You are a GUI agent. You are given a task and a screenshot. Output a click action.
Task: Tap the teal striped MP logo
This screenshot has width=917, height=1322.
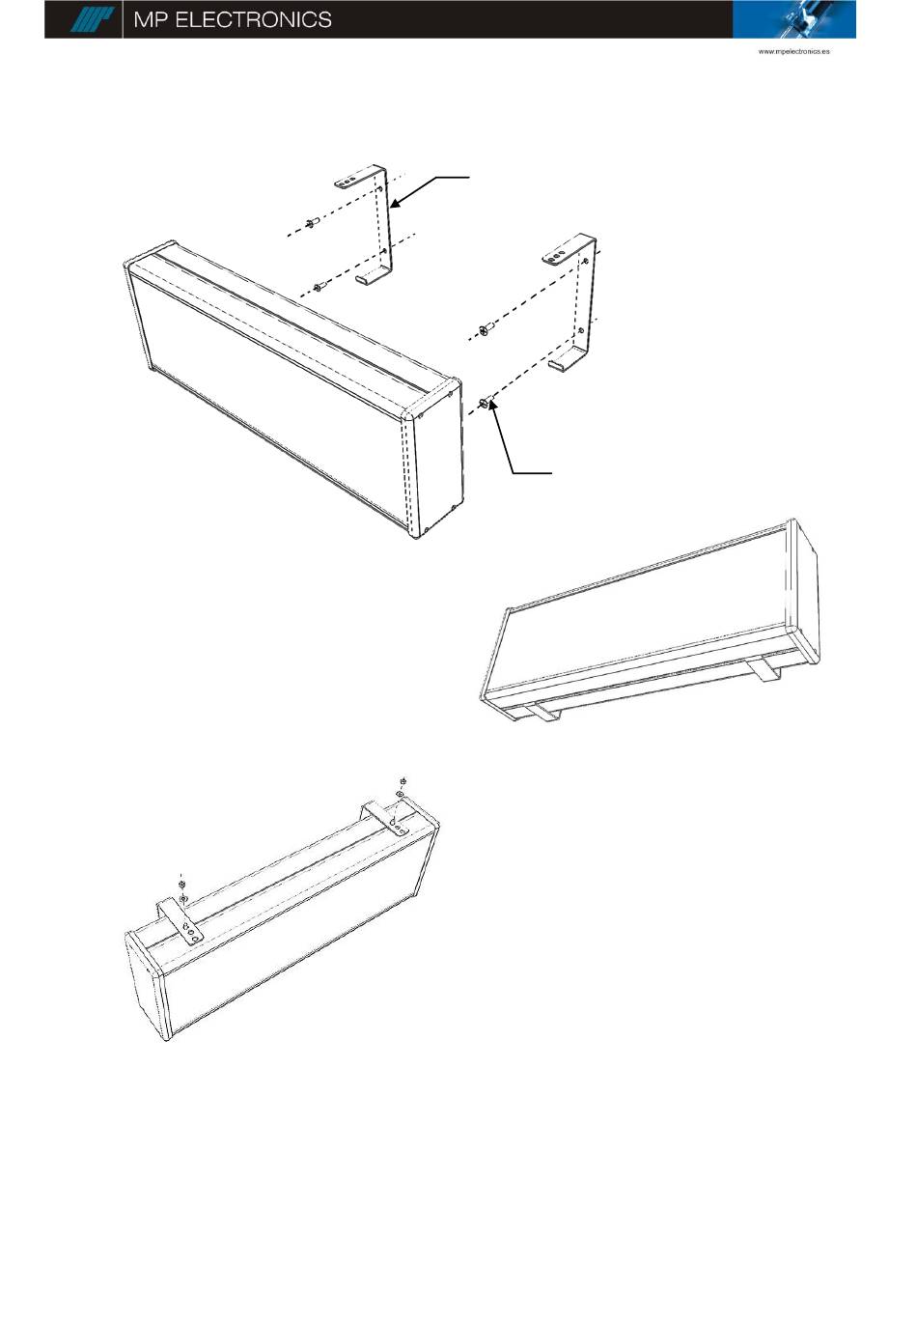91,19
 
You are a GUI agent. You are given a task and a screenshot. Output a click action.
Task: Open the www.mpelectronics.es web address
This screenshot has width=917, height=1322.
793,51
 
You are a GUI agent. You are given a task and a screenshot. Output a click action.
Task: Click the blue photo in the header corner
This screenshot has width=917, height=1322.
793,19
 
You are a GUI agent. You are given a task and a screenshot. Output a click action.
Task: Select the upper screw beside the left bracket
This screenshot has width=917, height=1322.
311,222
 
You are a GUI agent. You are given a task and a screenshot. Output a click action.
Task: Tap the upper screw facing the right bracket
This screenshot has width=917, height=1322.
486,329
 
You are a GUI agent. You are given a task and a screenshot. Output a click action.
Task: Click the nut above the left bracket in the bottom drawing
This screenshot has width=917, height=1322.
182,884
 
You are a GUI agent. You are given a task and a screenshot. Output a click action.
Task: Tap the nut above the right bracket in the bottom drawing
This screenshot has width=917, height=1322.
403,781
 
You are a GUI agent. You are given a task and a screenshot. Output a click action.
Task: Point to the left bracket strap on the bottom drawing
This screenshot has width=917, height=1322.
180,925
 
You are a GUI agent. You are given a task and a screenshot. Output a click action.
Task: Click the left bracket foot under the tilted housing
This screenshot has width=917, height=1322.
542,713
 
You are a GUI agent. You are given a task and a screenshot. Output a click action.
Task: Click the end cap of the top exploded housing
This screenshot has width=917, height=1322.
435,461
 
